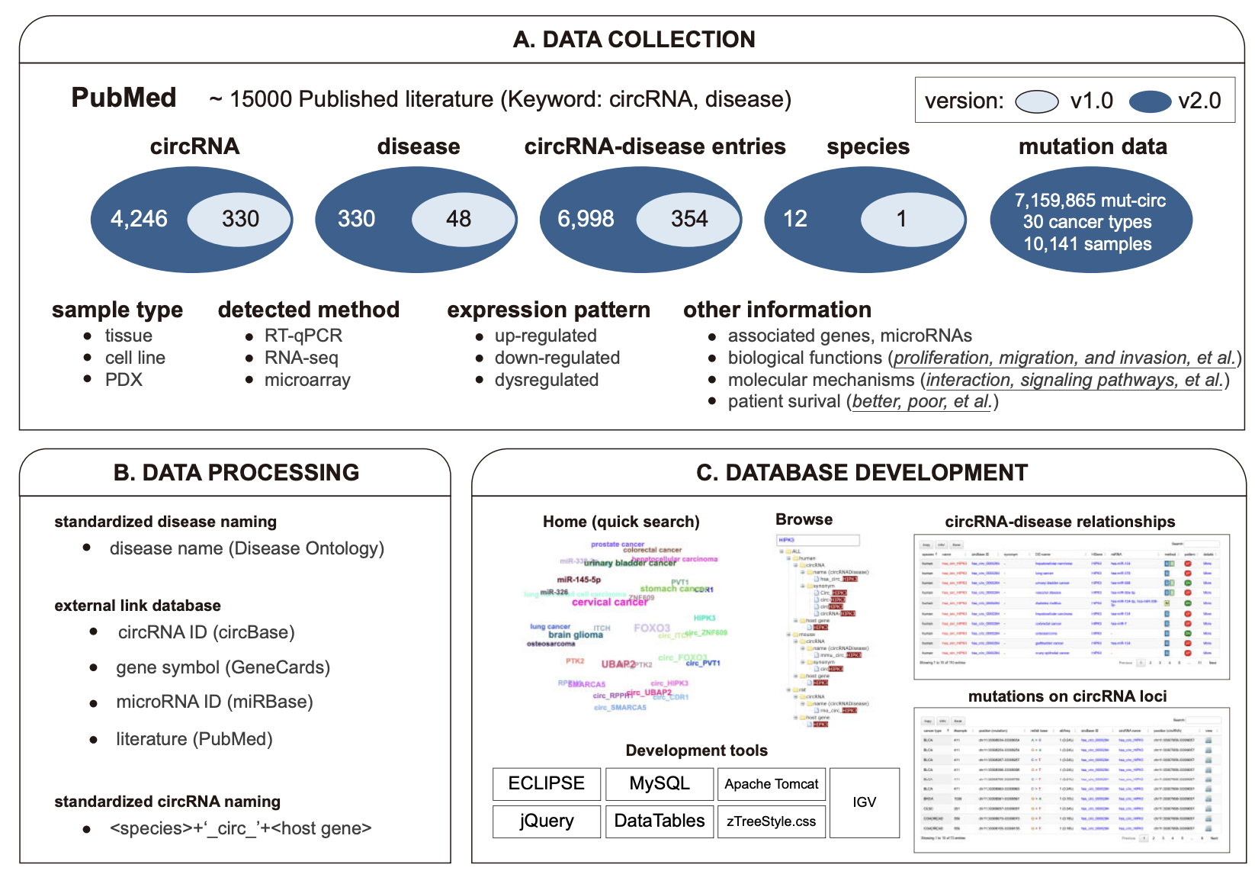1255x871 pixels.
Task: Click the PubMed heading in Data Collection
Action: point(124,98)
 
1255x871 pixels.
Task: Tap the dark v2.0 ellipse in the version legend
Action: point(1150,101)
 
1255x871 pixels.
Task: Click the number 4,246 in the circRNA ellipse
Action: point(139,219)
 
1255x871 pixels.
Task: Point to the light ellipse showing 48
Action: point(459,219)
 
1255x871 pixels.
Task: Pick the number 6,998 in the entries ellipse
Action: point(586,219)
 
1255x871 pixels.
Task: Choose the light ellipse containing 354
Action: point(689,219)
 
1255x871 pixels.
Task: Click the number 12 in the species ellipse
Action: point(794,219)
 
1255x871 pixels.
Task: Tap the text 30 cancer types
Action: point(1087,222)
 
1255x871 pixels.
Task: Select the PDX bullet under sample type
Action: point(124,380)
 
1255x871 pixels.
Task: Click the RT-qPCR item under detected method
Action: point(303,336)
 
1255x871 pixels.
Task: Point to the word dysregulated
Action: point(546,380)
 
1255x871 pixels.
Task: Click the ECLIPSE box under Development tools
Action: point(546,783)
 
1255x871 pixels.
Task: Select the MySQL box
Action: point(660,783)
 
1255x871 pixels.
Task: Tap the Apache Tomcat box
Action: point(771,784)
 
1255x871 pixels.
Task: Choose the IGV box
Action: point(865,802)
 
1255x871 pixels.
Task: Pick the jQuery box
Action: point(546,821)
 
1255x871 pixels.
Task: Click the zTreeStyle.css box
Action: point(771,821)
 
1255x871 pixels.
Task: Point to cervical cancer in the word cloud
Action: point(609,602)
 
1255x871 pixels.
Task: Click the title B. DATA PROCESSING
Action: point(236,473)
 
